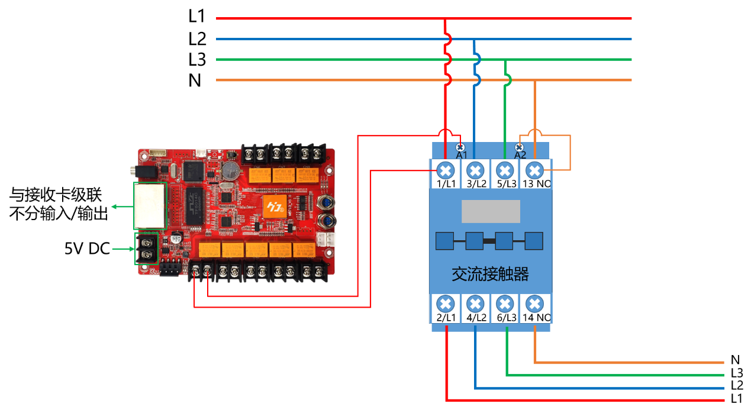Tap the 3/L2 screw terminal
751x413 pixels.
tap(475, 171)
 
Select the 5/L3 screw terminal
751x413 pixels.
tap(504, 171)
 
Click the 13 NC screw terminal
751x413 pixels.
tap(534, 171)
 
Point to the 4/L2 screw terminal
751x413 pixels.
tap(475, 304)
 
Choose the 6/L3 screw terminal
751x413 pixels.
tap(504, 304)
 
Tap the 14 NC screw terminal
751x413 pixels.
tap(534, 304)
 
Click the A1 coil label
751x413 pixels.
tap(462, 155)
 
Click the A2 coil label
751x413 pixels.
tap(520, 155)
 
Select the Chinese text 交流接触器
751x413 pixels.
tap(490, 275)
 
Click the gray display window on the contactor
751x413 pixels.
tap(491, 211)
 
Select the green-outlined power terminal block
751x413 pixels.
tap(146, 249)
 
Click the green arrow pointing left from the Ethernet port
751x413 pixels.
tap(122, 206)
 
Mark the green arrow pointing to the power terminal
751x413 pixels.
tap(122, 249)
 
